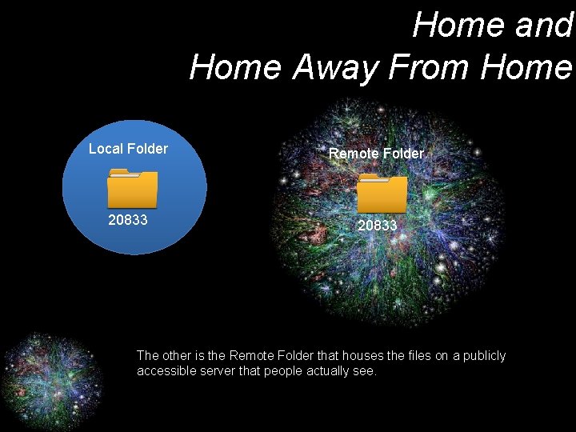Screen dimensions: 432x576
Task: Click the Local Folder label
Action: point(128,149)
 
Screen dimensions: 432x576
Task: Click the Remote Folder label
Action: point(376,154)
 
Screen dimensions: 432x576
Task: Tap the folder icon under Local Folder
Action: point(132,188)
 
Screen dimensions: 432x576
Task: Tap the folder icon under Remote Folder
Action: point(382,193)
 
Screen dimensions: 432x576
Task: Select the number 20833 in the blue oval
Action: point(128,219)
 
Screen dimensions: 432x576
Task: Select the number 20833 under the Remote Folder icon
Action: point(377,226)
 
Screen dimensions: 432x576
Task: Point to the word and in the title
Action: point(544,25)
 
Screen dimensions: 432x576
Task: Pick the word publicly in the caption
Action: point(479,355)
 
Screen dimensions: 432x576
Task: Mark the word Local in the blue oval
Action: point(104,149)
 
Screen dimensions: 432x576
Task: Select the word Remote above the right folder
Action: point(352,154)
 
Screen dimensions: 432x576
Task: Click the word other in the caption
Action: point(178,355)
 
